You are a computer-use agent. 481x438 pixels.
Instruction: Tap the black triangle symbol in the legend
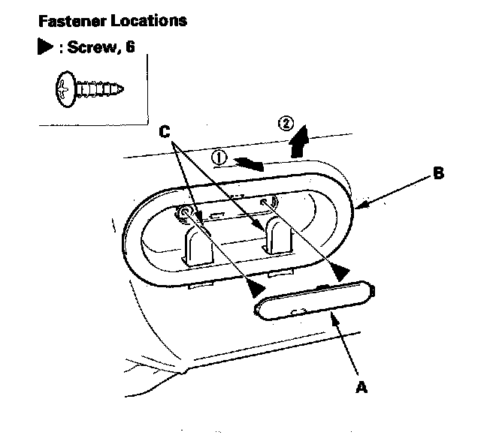click(44, 49)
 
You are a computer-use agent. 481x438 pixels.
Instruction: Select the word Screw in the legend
click(89, 49)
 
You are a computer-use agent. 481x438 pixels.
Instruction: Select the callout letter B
click(438, 174)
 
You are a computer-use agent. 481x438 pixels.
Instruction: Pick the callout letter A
click(361, 388)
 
